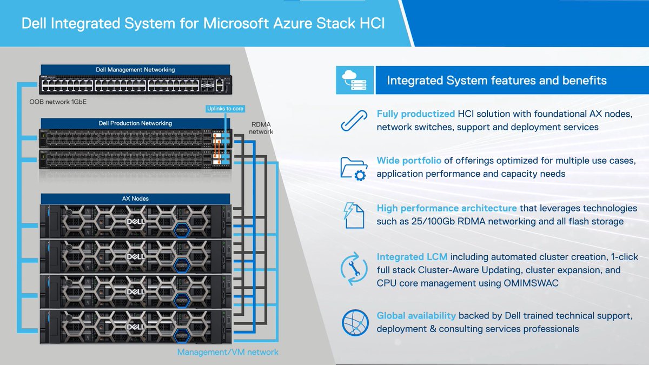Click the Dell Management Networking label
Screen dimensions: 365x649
[136, 70]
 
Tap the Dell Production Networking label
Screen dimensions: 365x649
[136, 123]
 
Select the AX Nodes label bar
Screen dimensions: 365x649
[136, 198]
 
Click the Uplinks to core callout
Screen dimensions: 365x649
[225, 109]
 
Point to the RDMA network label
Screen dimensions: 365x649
[261, 128]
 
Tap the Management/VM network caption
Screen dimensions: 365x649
[228, 352]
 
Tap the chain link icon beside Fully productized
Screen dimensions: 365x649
[354, 121]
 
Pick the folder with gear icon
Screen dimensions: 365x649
[354, 168]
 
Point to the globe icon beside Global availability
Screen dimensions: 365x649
[354, 322]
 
